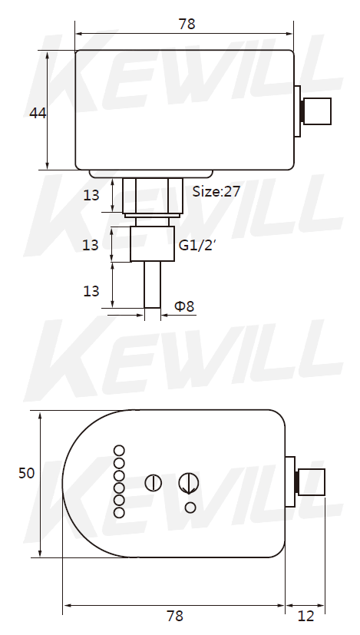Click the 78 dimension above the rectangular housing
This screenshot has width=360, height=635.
[187, 25]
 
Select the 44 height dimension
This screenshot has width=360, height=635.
[38, 114]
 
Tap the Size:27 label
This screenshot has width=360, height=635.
[216, 191]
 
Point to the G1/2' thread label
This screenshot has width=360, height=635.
[196, 245]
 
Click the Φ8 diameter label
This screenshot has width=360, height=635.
[184, 306]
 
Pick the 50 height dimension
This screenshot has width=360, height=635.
[27, 473]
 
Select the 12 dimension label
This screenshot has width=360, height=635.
[306, 616]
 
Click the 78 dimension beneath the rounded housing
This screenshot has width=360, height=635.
[175, 616]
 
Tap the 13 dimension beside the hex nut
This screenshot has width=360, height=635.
[91, 195]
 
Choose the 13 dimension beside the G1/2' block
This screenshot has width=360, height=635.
[91, 245]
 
